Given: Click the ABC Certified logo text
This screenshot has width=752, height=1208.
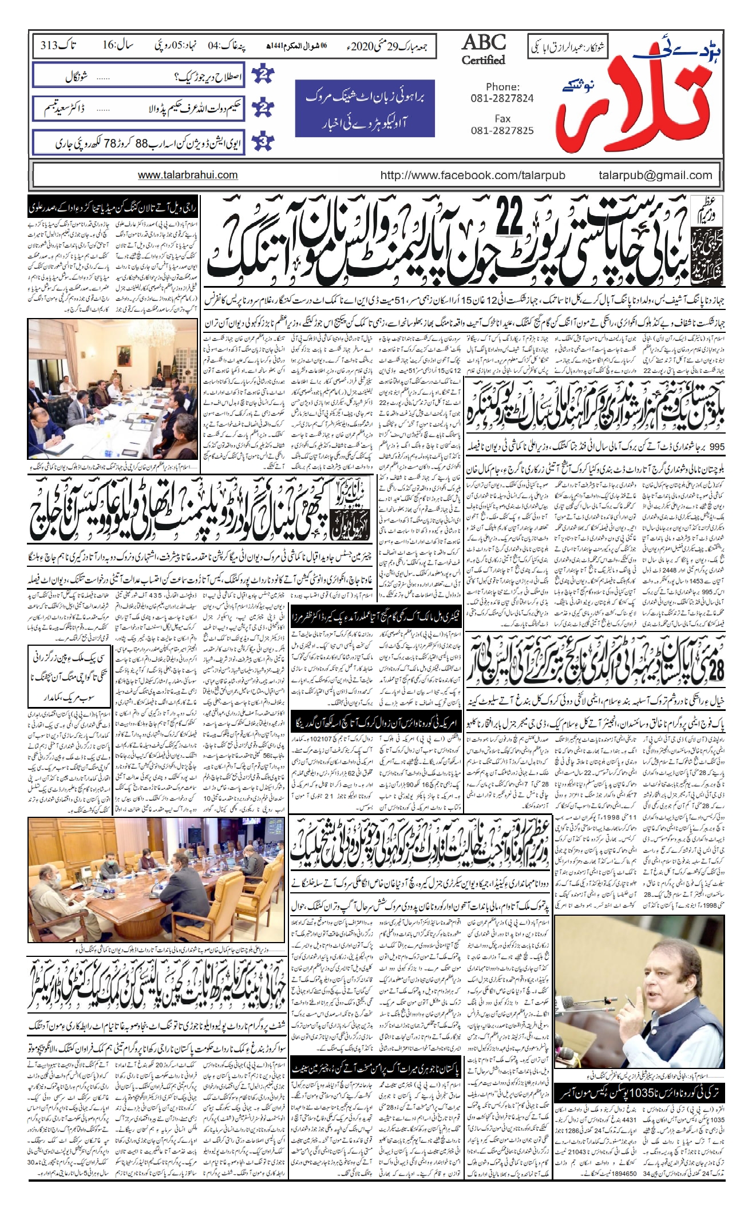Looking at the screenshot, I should pyautogui.click(x=484, y=50).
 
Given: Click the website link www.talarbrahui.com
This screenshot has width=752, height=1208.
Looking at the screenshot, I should pyautogui.click(x=188, y=176).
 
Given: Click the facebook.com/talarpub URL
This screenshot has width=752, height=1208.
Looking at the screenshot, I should pyautogui.click(x=473, y=176).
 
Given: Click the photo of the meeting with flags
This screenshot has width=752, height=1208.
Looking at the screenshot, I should pyautogui.click(x=113, y=390).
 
